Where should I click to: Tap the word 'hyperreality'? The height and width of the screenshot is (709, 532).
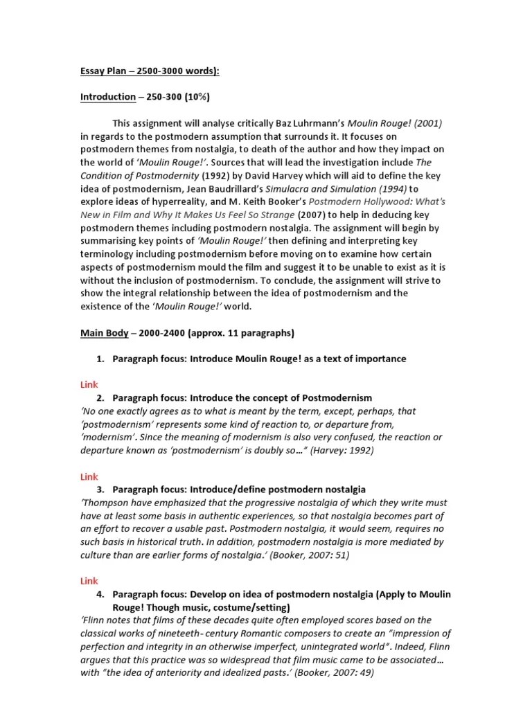(x=167, y=202)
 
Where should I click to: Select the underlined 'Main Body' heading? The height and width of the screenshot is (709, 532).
(x=104, y=333)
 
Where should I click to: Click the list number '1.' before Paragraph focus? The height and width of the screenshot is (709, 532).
(x=100, y=359)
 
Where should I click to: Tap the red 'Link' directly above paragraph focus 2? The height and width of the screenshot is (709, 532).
(x=88, y=384)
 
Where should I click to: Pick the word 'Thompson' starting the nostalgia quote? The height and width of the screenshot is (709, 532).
(x=105, y=503)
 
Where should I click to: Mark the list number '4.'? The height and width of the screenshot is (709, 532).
(x=100, y=595)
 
